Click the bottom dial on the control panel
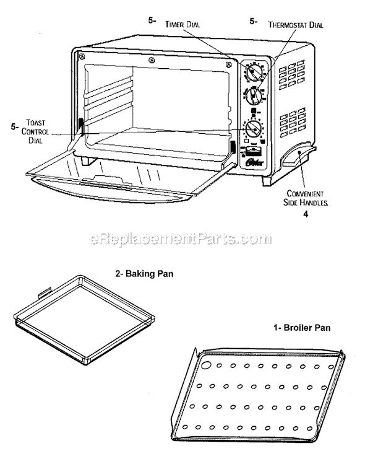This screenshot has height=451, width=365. coord(252,129)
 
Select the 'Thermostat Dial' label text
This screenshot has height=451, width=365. coord(296,25)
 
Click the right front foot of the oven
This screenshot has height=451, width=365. coord(270,182)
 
